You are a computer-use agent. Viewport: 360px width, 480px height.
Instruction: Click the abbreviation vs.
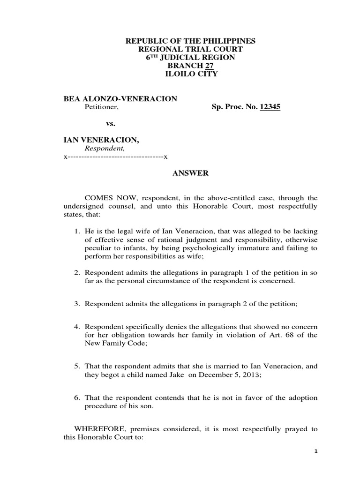pyautogui.click(x=109, y=124)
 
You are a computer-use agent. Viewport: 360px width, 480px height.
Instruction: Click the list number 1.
pyautogui.click(x=77, y=232)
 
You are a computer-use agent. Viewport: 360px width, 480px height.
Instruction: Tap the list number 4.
pyautogui.click(x=77, y=326)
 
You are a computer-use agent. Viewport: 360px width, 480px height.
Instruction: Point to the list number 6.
pyautogui.click(x=77, y=397)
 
